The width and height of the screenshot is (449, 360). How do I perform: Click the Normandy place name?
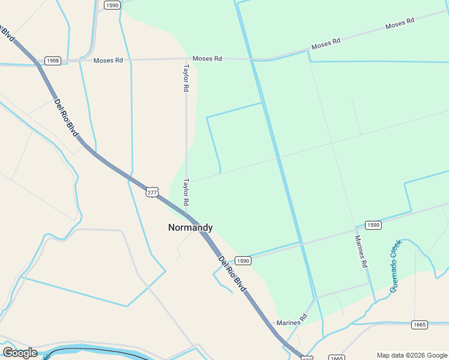point(190,227)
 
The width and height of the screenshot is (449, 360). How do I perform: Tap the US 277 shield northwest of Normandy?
point(152,192)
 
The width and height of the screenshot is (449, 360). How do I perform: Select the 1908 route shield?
point(53,61)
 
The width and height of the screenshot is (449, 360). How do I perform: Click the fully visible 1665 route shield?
point(420,325)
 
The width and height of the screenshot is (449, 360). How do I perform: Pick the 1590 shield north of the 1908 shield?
point(112,5)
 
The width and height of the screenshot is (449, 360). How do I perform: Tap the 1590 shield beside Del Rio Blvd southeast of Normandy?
point(243,260)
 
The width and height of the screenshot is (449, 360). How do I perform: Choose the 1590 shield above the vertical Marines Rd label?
point(373,225)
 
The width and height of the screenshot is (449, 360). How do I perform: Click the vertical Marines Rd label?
point(361,251)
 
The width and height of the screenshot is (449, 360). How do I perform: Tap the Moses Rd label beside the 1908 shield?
point(108,61)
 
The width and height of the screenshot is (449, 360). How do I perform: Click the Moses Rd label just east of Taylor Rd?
point(208,59)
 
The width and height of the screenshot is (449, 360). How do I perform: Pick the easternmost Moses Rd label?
point(400,23)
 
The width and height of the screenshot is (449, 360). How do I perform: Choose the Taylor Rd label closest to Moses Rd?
point(186,78)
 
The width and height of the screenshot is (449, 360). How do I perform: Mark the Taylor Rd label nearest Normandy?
point(186,191)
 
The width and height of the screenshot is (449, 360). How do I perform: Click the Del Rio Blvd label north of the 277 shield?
point(67,117)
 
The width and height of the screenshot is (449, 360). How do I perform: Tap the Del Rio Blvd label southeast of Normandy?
point(232,274)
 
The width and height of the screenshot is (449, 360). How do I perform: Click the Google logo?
point(20,353)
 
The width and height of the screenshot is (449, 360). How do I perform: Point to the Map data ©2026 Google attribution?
point(412,355)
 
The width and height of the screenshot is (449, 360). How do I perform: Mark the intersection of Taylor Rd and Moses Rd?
point(186,59)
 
